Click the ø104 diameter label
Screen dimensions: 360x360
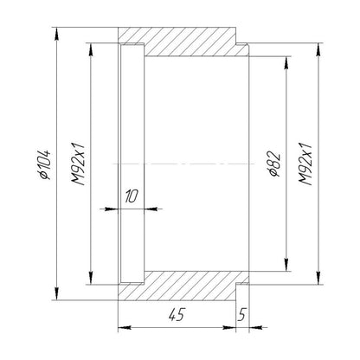[x=45, y=164]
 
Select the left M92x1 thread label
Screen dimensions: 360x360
[x=79, y=164]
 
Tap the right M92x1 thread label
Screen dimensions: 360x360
[x=305, y=164]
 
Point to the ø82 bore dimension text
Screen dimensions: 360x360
[x=274, y=164]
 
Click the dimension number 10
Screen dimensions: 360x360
[x=132, y=196]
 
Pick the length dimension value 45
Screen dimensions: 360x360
[x=177, y=314]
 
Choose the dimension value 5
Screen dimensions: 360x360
[x=241, y=314]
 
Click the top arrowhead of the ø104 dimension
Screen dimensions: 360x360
[x=57, y=34]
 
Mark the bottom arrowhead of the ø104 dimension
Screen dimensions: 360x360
[x=57, y=293]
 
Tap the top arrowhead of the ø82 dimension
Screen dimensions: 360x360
[x=286, y=63]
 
